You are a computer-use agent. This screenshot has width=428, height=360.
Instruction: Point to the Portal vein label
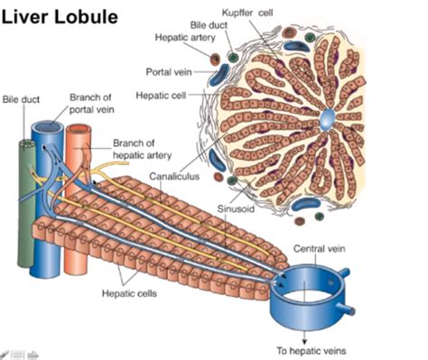point(166,71)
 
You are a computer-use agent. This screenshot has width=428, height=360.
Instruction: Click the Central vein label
point(321,246)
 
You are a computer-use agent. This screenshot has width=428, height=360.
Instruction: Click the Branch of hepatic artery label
point(142,148)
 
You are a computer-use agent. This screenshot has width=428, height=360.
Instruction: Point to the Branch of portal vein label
point(91,104)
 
